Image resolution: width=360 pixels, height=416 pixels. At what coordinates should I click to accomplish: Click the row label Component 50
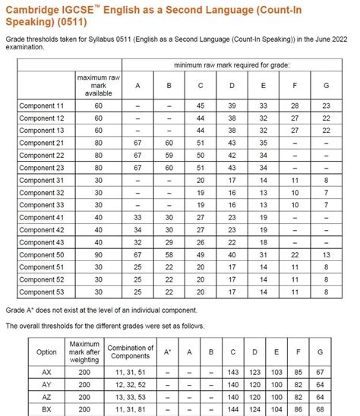(43, 255)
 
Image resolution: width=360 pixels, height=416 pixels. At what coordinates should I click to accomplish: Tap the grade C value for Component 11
(200, 106)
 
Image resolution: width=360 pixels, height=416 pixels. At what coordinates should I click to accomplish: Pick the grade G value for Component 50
(325, 255)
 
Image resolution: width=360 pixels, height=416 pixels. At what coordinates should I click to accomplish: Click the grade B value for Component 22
(169, 156)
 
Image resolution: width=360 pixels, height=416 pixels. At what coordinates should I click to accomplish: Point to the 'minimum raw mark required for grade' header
(231, 65)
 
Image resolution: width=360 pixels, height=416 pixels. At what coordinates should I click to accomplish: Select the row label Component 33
(43, 205)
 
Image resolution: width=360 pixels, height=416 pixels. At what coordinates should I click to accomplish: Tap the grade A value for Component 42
(137, 230)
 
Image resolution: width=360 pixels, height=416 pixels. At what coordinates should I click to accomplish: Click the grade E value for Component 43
(262, 242)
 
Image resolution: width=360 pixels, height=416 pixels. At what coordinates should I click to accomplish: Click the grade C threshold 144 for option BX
(232, 410)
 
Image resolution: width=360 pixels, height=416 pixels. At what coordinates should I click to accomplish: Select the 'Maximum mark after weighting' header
(84, 353)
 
